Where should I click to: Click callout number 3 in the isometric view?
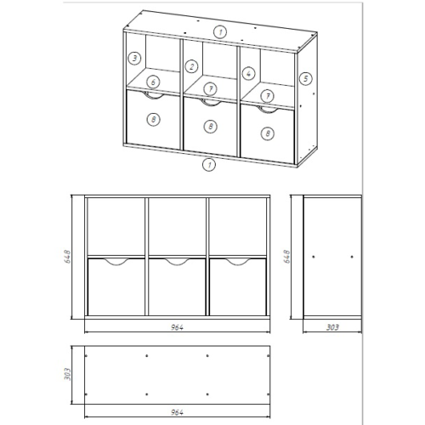(x=134, y=58)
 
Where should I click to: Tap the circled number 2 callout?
(x=192, y=67)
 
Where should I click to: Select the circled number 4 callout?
(x=248, y=74)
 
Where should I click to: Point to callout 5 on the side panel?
(x=305, y=78)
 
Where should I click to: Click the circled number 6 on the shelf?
(x=153, y=82)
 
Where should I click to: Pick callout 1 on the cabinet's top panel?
(x=220, y=31)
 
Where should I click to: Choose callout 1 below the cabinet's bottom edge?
(x=209, y=164)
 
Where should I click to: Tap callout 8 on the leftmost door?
(x=154, y=119)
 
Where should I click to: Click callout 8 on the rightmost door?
(x=268, y=133)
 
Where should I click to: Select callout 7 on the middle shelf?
(x=211, y=89)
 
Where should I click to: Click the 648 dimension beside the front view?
(x=68, y=257)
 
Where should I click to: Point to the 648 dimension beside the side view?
(x=287, y=257)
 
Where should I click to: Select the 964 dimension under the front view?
(x=177, y=327)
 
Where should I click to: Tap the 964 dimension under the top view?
(x=177, y=412)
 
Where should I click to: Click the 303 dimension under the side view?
(x=332, y=327)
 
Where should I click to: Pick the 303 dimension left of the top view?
(x=67, y=374)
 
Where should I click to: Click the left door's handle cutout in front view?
(x=116, y=265)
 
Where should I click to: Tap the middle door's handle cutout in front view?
(x=178, y=265)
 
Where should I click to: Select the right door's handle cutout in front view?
(x=238, y=265)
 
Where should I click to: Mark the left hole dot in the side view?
(x=314, y=257)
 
